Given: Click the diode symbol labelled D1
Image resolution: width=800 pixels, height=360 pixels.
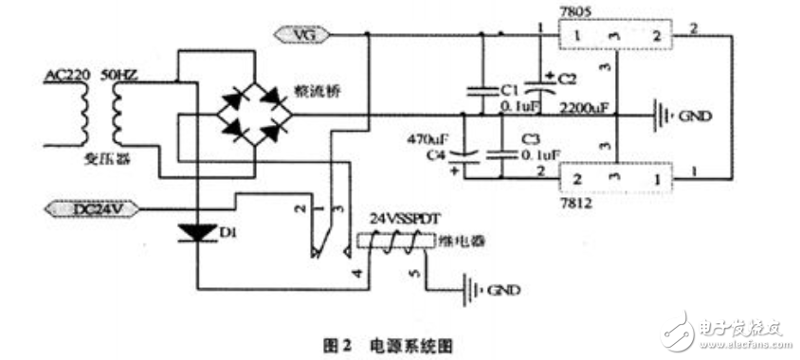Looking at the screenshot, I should pos(199,231).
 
